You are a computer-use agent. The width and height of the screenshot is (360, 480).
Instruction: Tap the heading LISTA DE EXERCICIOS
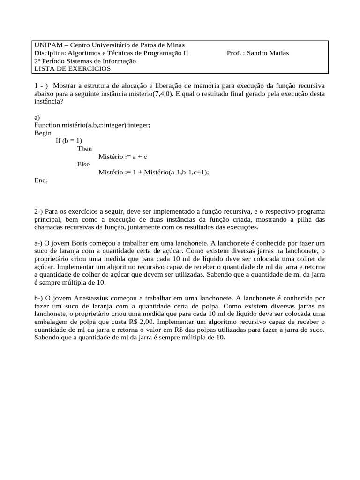[73, 69]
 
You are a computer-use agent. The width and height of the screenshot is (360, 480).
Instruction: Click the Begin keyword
[43, 133]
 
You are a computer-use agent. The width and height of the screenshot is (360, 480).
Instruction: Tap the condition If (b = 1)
[69, 141]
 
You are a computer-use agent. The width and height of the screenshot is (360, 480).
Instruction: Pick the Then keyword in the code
[84, 149]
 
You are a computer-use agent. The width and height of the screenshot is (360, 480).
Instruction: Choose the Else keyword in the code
[83, 165]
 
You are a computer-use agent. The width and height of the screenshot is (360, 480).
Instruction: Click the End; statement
[41, 180]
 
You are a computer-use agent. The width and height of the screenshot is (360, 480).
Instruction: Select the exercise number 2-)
[39, 212]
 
